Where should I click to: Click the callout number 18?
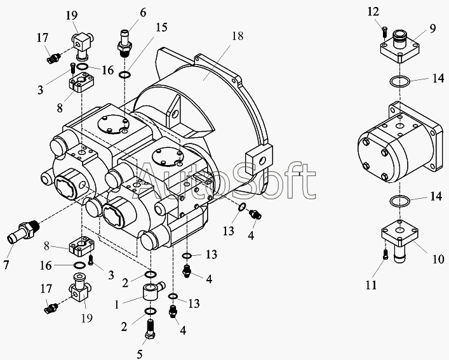coord(238,36)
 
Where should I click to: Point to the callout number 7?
coord(6,265)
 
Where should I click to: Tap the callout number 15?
coord(161,27)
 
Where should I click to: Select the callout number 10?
coord(438,259)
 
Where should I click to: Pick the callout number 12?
coord(373,11)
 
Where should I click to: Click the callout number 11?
coord(371,285)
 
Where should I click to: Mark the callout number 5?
coord(140,354)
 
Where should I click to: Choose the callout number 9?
coord(432,29)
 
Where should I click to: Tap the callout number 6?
coord(143,13)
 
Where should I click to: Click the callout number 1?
coord(117,305)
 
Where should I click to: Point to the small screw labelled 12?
coord(385,31)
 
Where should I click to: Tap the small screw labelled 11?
coord(385,255)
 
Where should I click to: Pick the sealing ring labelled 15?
coord(125,75)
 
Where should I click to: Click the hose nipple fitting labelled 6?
coord(124,43)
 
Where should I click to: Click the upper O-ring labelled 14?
coord(399,81)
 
